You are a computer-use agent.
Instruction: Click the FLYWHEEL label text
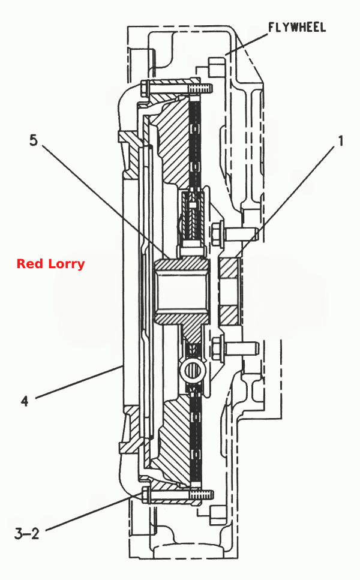(297, 28)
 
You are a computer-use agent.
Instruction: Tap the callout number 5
(34, 140)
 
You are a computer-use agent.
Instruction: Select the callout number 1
(340, 140)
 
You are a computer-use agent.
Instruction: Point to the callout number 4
(25, 401)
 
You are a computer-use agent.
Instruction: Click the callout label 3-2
(27, 533)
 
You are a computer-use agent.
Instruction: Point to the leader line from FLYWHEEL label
(247, 44)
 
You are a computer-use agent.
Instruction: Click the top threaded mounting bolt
(176, 88)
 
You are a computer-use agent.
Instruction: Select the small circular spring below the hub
(192, 371)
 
